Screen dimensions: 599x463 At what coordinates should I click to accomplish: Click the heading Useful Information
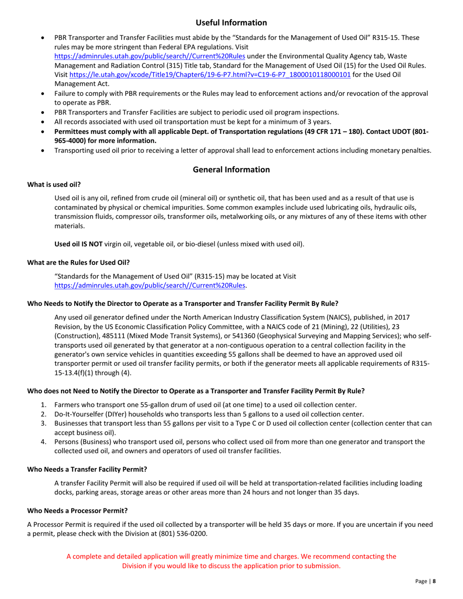tap(231, 22)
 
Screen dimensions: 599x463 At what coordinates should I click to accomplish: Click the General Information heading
tap(231, 169)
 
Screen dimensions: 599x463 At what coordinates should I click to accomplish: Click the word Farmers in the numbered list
tap(69, 405)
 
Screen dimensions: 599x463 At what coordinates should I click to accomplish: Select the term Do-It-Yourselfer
tap(80, 414)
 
